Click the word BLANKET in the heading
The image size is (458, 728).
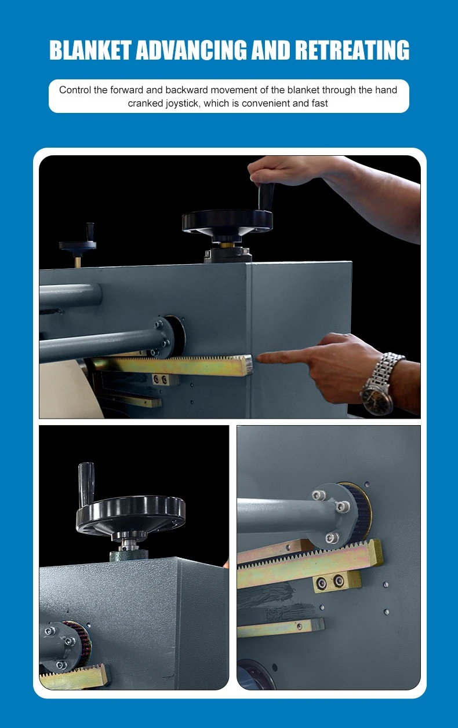[x=90, y=50]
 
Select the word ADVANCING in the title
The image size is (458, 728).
[x=191, y=50]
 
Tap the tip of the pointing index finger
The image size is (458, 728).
[x=258, y=358]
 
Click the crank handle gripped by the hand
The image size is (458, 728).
[x=266, y=197]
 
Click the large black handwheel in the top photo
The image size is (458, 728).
[x=228, y=222]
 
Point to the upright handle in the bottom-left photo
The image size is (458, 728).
[x=86, y=484]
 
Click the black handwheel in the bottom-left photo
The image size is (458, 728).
[x=131, y=514]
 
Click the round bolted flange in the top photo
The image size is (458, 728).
[x=166, y=336]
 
